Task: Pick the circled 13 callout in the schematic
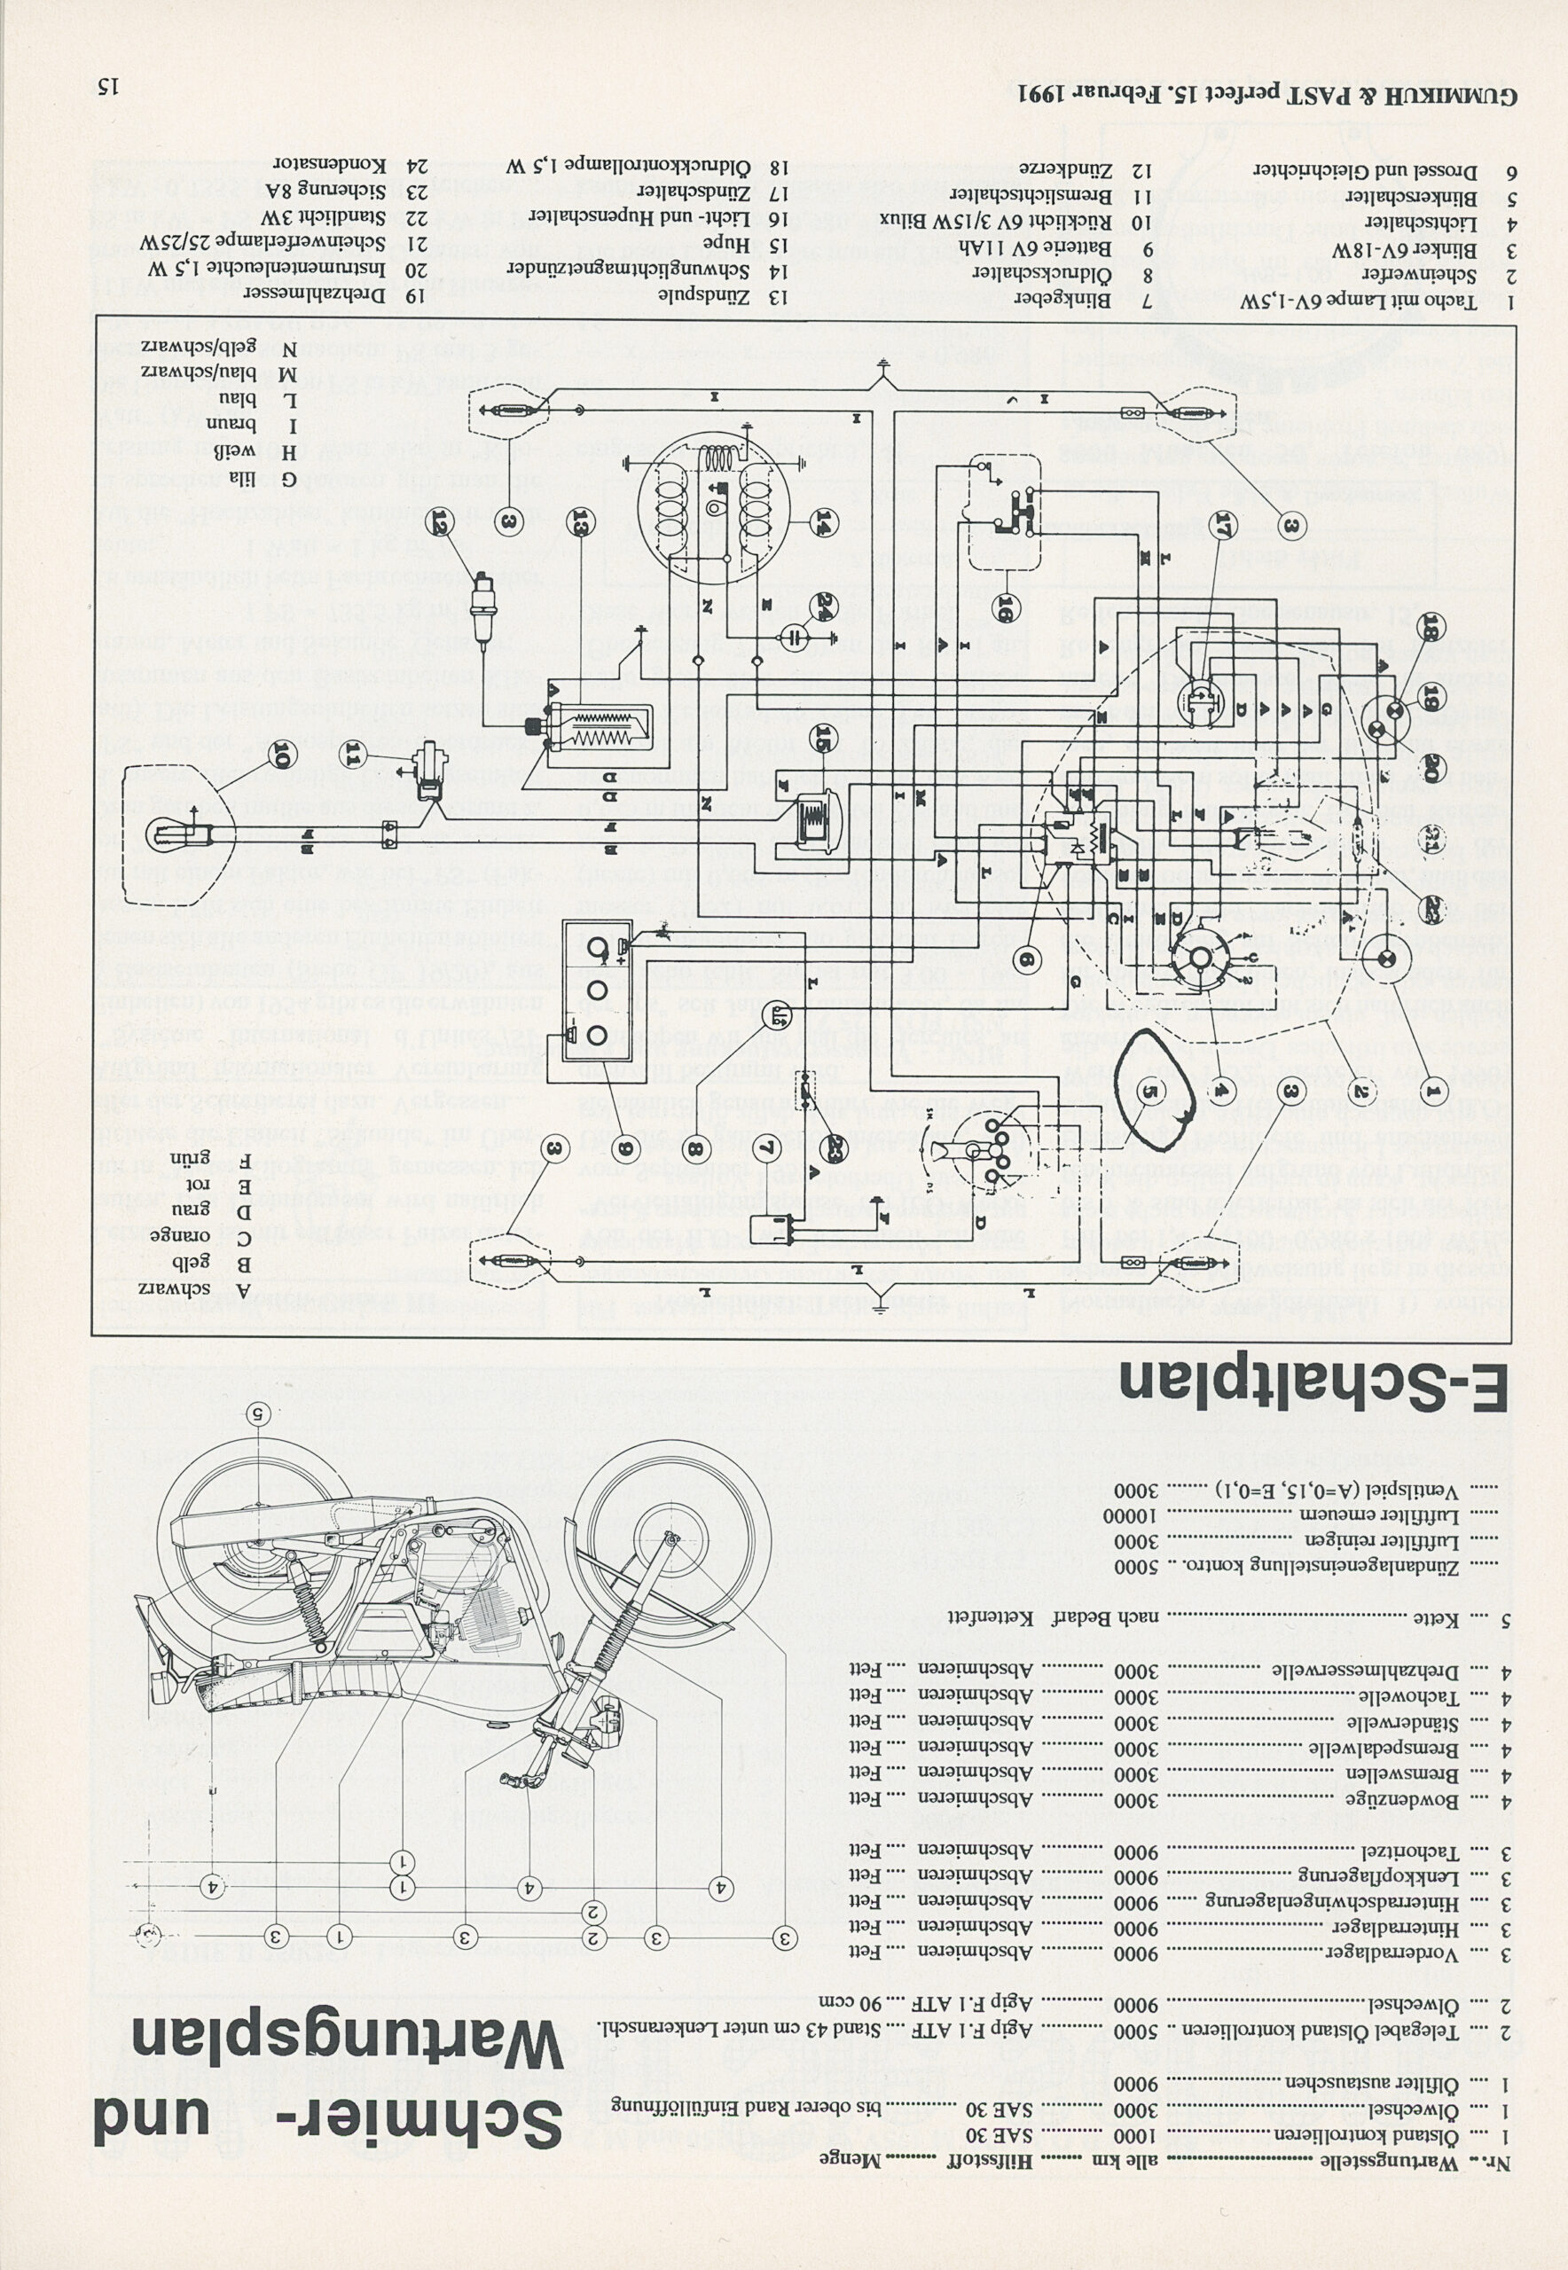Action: point(581,520)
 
